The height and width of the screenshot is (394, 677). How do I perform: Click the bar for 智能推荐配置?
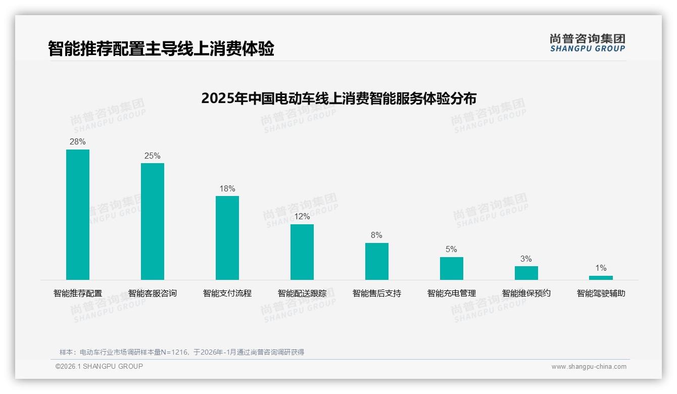(x=78, y=215)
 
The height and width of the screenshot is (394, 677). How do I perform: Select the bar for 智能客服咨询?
(x=153, y=221)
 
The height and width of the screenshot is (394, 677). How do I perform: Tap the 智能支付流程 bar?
(x=227, y=238)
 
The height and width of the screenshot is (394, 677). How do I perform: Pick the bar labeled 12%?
(x=302, y=252)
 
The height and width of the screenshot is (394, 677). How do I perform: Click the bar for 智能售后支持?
(x=377, y=261)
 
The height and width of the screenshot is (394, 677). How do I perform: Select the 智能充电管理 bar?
(x=452, y=268)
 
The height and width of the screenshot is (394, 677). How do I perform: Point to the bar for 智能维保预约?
(x=526, y=273)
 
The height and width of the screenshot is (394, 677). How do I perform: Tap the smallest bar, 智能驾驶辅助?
(x=601, y=278)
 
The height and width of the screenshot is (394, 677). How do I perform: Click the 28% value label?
(x=78, y=142)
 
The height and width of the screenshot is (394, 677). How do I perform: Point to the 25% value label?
(x=153, y=156)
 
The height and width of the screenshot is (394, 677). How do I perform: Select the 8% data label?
(x=377, y=235)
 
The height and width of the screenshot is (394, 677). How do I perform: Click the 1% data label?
(x=601, y=268)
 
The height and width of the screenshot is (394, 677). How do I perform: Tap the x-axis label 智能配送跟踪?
(x=302, y=293)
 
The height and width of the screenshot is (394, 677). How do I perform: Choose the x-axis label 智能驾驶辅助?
(x=601, y=293)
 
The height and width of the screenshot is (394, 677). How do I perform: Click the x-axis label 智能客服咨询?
(x=153, y=293)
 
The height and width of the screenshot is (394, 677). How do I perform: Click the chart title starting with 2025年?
(x=338, y=98)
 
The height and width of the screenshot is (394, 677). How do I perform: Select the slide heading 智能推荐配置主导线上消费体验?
(x=161, y=49)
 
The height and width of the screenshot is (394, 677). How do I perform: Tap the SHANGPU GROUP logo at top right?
(x=588, y=43)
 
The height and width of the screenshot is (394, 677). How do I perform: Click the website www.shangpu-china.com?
(x=589, y=367)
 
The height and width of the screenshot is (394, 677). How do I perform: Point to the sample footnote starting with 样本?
(x=182, y=352)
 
